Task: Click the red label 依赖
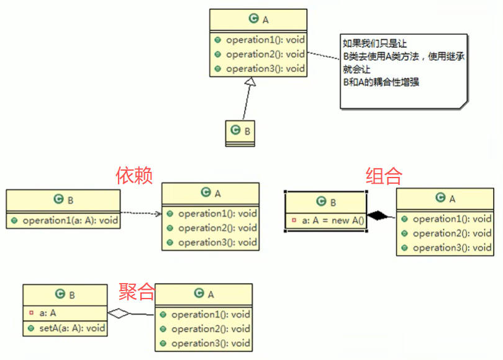point(134,176)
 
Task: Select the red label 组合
point(384,176)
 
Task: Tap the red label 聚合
point(137,290)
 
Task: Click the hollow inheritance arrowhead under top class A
point(250,83)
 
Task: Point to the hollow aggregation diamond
point(119,314)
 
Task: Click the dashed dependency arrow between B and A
point(141,214)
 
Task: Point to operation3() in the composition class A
point(451,248)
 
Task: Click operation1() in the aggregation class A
point(210,315)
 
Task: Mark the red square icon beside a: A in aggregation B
point(30,313)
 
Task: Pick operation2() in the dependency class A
point(217,228)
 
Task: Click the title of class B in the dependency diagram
point(64,199)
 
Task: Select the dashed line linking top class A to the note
point(323,56)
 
